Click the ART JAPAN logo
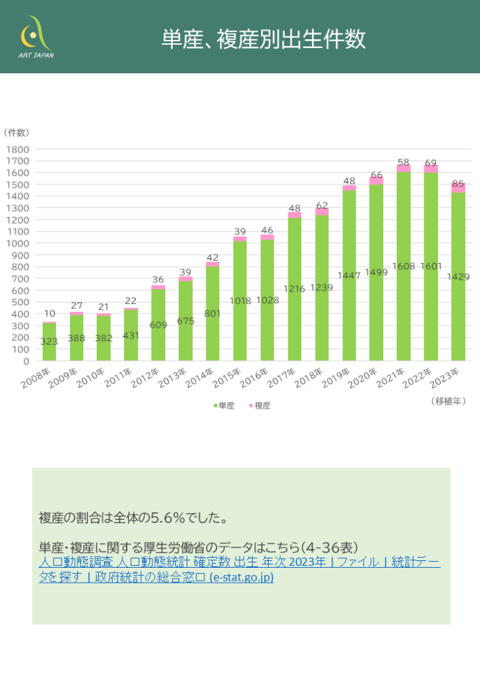coord(36,37)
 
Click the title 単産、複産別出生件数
coord(263,39)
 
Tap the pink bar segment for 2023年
coord(458,187)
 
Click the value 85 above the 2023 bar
coord(458,183)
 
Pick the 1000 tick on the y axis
coord(18,243)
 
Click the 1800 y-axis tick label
coord(18,149)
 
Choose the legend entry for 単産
coord(224,405)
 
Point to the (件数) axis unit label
coord(16,132)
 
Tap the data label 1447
coord(349,275)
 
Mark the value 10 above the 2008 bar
coord(49,313)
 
